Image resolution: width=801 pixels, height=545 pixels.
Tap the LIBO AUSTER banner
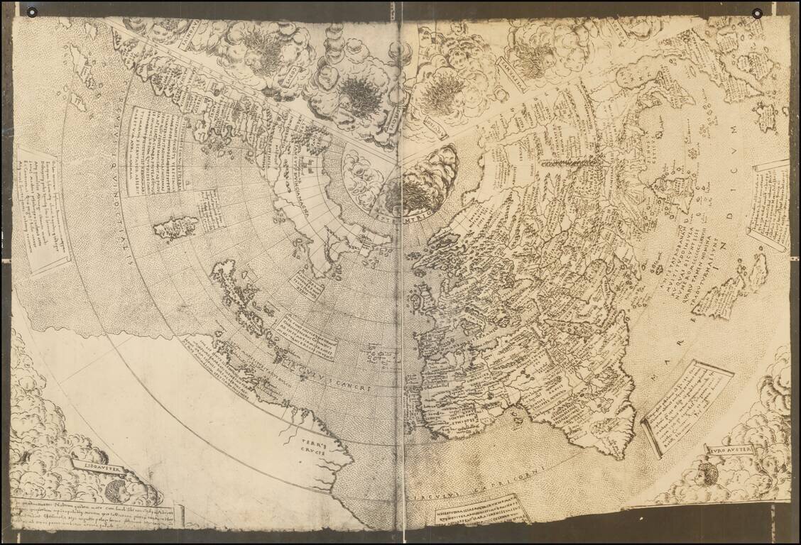[x=100, y=468]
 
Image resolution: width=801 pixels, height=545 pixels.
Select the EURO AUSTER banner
[x=729, y=450]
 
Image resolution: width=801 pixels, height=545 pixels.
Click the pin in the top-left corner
[x=31, y=12]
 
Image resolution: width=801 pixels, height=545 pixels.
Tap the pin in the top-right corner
[x=758, y=13]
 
